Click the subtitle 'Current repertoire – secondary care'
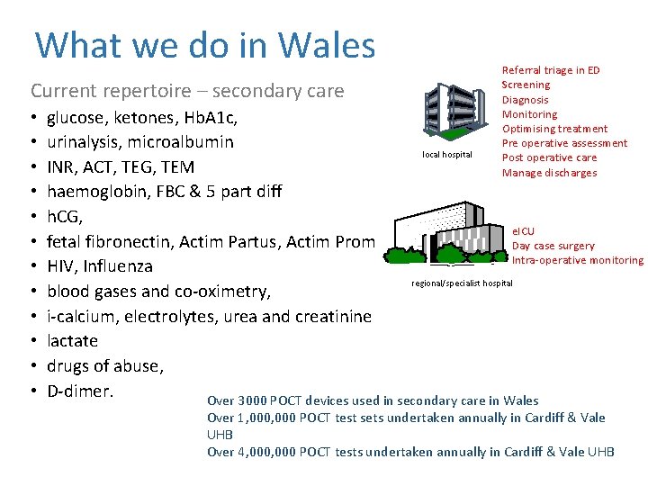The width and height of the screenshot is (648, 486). pyautogui.click(x=187, y=91)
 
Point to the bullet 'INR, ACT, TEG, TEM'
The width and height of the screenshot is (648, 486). pyautogui.click(x=121, y=167)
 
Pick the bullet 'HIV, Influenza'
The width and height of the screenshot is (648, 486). pyautogui.click(x=100, y=266)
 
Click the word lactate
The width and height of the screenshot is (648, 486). pyautogui.click(x=72, y=341)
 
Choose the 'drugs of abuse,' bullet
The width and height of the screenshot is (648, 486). pyautogui.click(x=104, y=366)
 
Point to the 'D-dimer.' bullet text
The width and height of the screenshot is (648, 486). pyautogui.click(x=81, y=391)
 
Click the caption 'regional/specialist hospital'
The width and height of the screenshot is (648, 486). pyautogui.click(x=462, y=283)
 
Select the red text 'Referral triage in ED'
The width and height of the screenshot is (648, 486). pyautogui.click(x=550, y=70)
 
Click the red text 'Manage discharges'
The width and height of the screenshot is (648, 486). pyautogui.click(x=549, y=173)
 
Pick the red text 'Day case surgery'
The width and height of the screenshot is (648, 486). pyautogui.click(x=553, y=246)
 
